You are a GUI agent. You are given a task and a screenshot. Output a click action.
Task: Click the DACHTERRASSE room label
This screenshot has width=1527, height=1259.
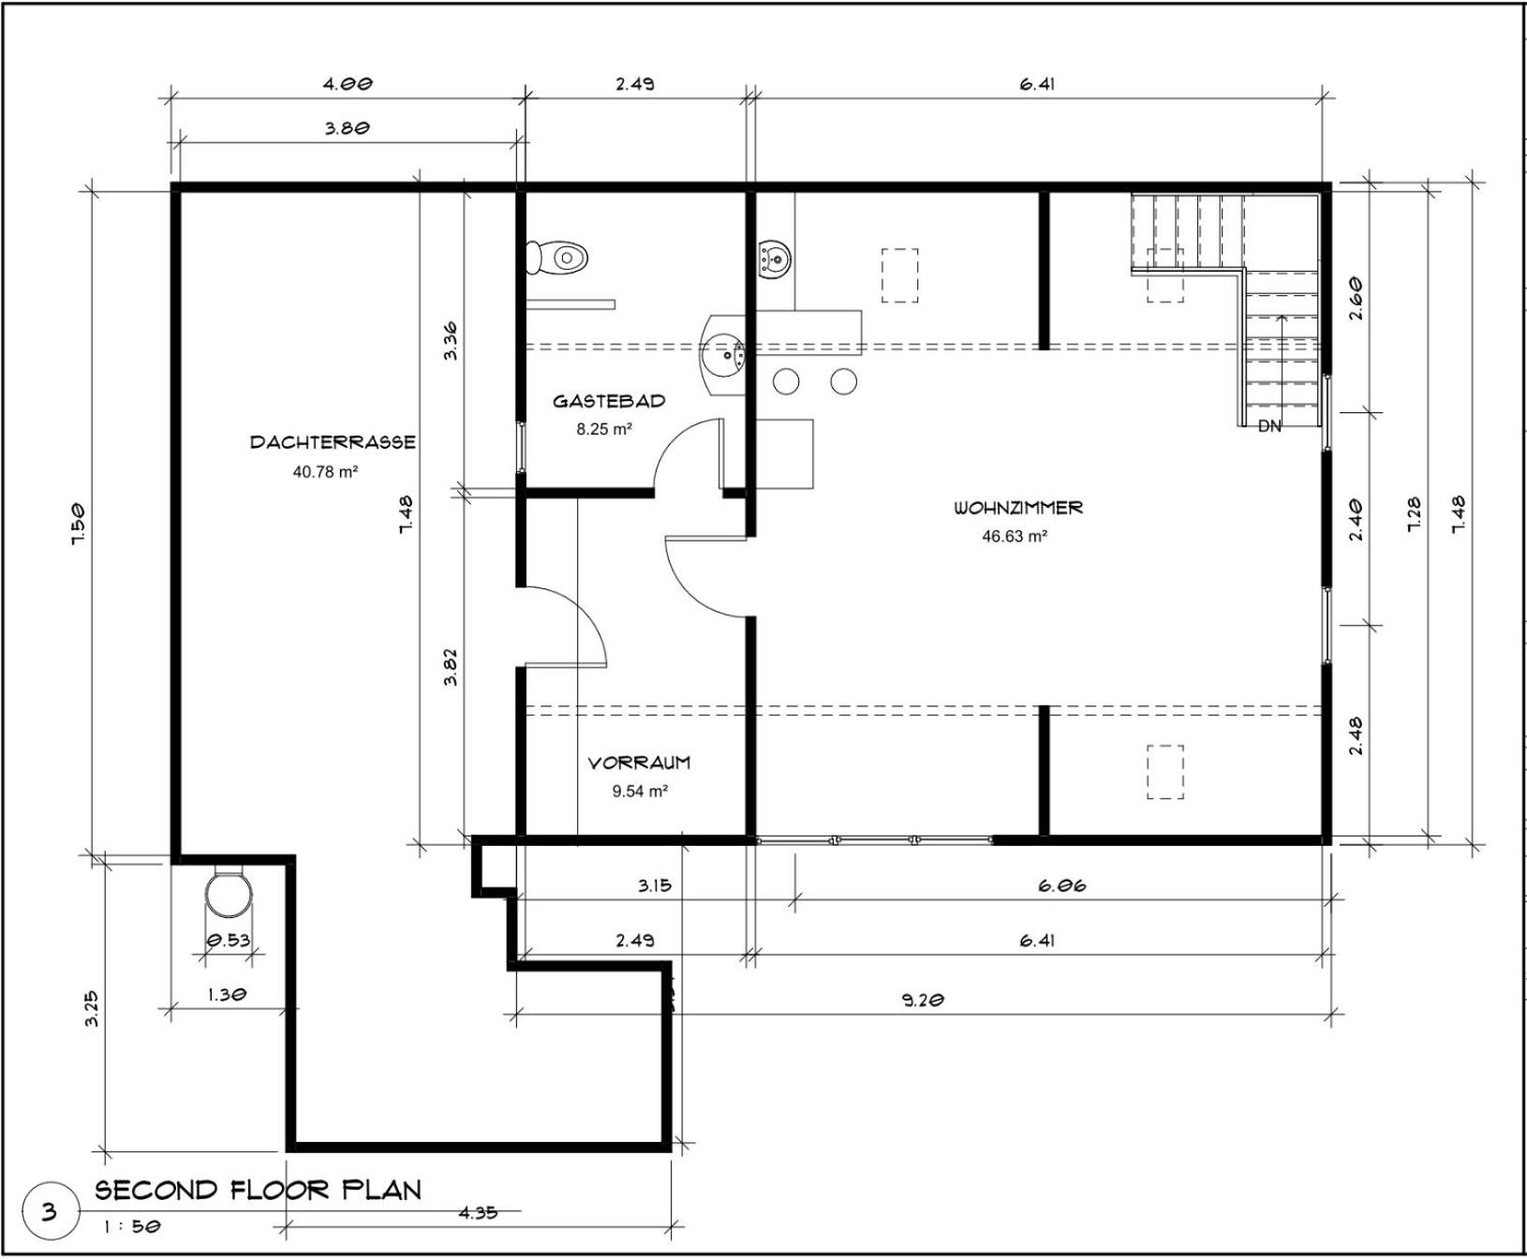tap(333, 442)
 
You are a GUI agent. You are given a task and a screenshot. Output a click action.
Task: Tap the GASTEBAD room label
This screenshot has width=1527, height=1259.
tap(609, 401)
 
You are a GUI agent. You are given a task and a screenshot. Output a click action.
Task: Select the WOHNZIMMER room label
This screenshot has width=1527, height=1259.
tap(1018, 508)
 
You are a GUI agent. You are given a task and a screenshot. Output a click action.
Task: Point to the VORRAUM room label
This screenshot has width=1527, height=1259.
tap(639, 763)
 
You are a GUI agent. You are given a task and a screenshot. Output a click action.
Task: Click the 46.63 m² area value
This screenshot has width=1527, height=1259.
tap(1015, 537)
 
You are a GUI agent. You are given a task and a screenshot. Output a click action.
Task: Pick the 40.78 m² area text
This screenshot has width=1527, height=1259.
tap(326, 471)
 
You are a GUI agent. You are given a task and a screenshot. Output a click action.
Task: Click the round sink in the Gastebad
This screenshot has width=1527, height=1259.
tap(723, 355)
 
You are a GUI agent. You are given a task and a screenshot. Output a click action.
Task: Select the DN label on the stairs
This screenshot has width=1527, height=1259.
tap(1269, 426)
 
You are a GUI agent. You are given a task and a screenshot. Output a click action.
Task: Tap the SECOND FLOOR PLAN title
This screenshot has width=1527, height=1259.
tap(259, 1190)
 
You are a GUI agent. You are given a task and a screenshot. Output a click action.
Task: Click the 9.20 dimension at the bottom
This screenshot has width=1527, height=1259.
tap(923, 1000)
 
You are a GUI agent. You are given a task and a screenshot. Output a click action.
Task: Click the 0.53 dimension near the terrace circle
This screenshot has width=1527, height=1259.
tap(228, 941)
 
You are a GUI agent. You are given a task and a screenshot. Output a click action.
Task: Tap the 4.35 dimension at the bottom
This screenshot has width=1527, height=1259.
tap(478, 1213)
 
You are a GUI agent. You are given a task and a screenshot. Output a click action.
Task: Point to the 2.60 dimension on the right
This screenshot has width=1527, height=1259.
tap(1356, 299)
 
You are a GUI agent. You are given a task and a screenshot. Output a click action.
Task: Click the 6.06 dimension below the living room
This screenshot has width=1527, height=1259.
tap(1062, 885)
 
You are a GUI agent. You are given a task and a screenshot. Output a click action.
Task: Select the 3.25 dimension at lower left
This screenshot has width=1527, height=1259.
tap(92, 1009)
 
